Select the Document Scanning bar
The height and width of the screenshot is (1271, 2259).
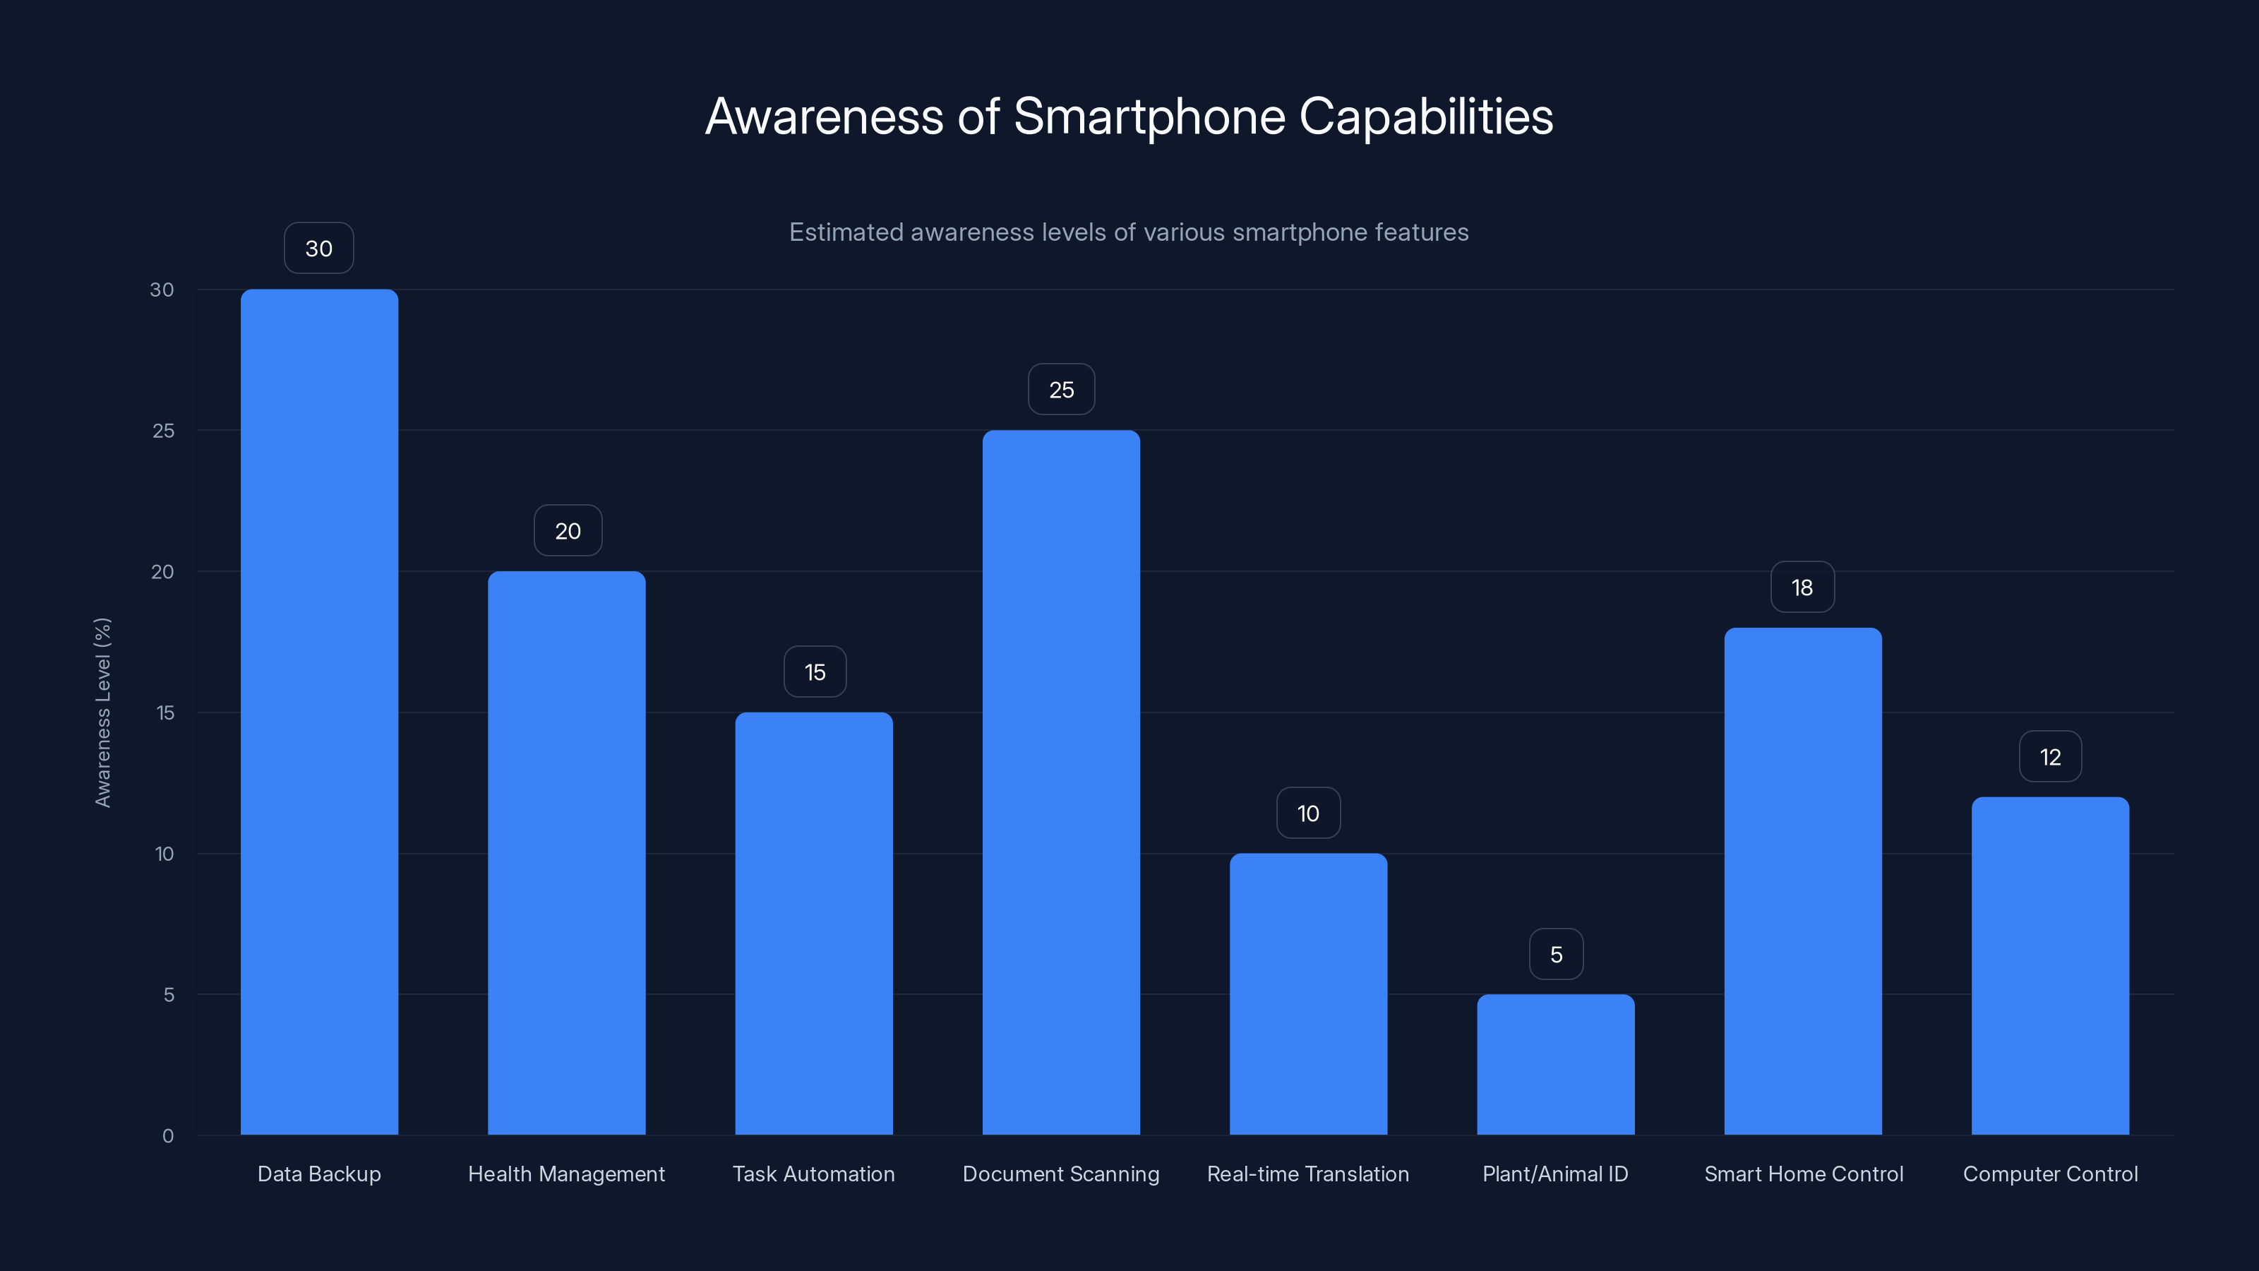click(x=1061, y=782)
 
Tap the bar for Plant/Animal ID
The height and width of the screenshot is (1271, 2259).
click(x=1556, y=1064)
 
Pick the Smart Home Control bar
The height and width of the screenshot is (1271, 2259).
click(x=1803, y=881)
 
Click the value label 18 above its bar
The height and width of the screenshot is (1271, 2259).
click(x=1802, y=587)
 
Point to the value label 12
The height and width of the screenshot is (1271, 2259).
click(x=2050, y=757)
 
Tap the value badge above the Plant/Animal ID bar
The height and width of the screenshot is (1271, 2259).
click(x=1557, y=955)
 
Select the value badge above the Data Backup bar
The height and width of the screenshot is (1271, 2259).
click(x=319, y=249)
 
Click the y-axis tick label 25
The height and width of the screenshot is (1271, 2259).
click(x=163, y=431)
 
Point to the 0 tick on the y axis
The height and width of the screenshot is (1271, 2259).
click(x=167, y=1136)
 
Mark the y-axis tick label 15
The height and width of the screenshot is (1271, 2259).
click(x=165, y=713)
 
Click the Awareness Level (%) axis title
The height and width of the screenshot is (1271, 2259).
click(x=102, y=712)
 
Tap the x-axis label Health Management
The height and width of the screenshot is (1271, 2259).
click(x=566, y=1174)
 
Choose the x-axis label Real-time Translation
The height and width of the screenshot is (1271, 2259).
click(x=1307, y=1174)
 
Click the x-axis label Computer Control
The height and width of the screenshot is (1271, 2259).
click(x=2050, y=1174)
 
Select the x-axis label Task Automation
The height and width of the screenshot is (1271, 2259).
click(x=814, y=1174)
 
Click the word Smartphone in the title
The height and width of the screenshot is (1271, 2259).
click(x=1149, y=117)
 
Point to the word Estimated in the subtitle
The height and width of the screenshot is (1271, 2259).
click(x=846, y=232)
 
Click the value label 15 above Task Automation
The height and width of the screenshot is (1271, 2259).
click(x=815, y=672)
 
